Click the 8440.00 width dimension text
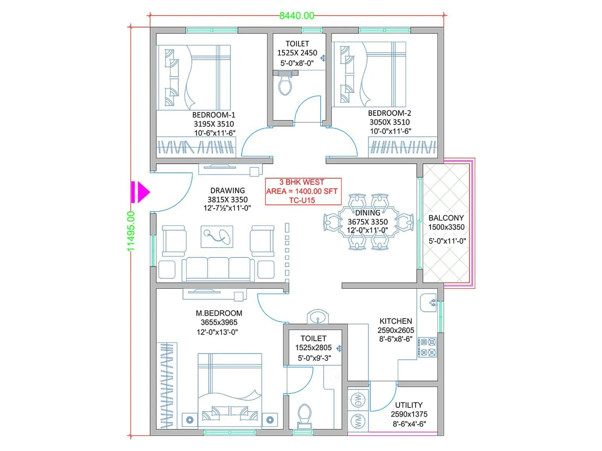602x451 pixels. [x=296, y=15]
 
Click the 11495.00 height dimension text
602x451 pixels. [x=131, y=231]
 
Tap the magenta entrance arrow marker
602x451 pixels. [x=140, y=192]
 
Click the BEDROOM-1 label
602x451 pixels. [x=213, y=115]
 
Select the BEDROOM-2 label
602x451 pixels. [x=389, y=113]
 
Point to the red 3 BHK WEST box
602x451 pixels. [x=303, y=191]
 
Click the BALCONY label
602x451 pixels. [x=446, y=218]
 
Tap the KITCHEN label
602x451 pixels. [x=395, y=321]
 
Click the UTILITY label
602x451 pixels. [x=409, y=405]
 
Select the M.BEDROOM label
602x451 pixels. [x=219, y=313]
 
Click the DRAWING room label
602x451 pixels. [x=227, y=191]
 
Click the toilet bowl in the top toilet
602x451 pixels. [x=285, y=85]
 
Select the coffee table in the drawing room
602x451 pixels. [x=217, y=237]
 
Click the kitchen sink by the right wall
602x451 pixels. [x=429, y=302]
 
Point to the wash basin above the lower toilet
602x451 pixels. [x=318, y=318]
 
